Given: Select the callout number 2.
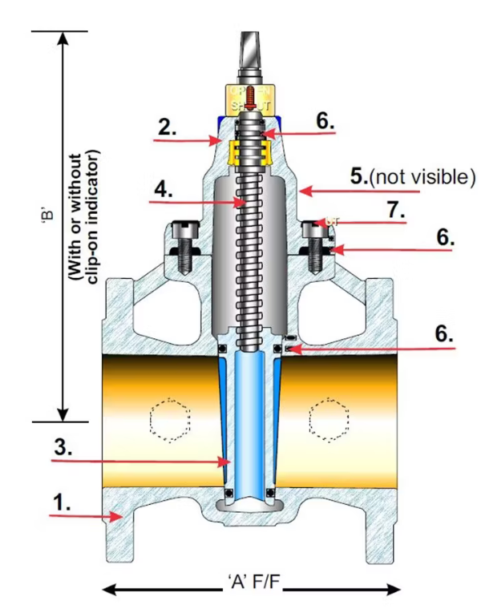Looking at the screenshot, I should pyautogui.click(x=166, y=127).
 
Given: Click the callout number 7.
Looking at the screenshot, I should pyautogui.click(x=394, y=211).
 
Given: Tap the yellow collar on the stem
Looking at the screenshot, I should pyautogui.click(x=249, y=150).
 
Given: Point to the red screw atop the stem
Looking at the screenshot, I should pyautogui.click(x=249, y=96).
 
